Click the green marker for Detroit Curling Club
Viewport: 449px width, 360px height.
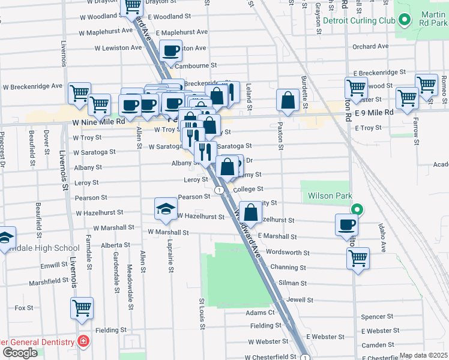(x=405, y=21)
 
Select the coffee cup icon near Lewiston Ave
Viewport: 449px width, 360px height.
(x=171, y=52)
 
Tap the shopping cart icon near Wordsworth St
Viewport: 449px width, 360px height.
(x=358, y=259)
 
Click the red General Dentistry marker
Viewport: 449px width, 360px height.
(x=84, y=342)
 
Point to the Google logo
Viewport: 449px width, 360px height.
(x=19, y=353)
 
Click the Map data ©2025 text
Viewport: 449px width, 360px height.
(x=423, y=355)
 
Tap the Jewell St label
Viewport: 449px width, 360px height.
(x=300, y=298)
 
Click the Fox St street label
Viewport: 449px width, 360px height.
(x=23, y=308)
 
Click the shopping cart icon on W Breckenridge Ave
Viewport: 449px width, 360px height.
(x=79, y=93)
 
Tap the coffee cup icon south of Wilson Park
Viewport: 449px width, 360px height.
(x=346, y=226)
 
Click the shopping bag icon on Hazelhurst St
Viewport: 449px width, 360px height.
(x=252, y=212)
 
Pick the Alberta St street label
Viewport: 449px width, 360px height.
(x=115, y=245)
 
